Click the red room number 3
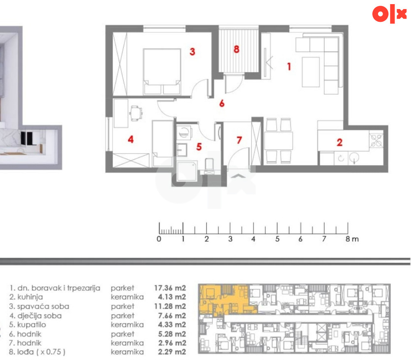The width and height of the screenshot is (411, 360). (192, 52)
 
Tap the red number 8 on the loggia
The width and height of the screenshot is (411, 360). (236, 49)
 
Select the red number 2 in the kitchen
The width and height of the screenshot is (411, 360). (340, 142)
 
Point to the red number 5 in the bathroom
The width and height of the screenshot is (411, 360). (199, 147)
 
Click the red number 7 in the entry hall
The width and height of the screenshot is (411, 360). (239, 140)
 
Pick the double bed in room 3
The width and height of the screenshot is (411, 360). (162, 71)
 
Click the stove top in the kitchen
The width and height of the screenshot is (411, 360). (376, 140)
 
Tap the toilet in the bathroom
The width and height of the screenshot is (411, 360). (209, 165)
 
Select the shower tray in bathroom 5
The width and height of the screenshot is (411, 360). (187, 171)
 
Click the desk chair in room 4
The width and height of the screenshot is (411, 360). (136, 113)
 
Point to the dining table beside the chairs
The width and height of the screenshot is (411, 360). (278, 141)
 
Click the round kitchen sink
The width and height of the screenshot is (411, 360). (355, 158)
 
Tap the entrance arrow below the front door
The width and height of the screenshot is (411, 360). (238, 176)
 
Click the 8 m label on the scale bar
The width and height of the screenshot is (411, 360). (352, 239)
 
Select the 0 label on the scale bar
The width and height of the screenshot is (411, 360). (159, 239)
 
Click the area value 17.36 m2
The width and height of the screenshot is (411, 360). (170, 288)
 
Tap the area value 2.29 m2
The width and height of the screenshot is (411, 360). (172, 352)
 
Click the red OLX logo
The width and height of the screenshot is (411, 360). (390, 14)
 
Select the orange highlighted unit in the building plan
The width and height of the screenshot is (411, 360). (225, 299)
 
